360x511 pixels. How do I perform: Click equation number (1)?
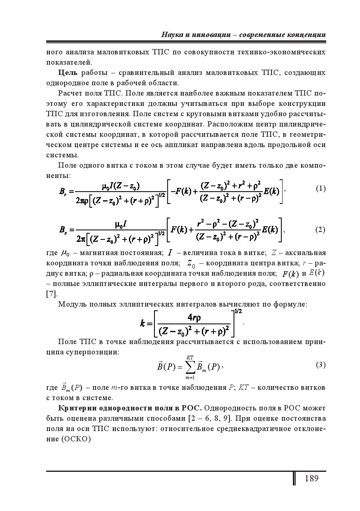(320, 189)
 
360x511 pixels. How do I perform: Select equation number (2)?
(320, 230)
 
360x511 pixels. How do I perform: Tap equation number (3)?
(320, 365)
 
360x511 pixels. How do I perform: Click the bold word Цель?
(68, 73)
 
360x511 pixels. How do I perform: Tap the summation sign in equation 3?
(190, 366)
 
